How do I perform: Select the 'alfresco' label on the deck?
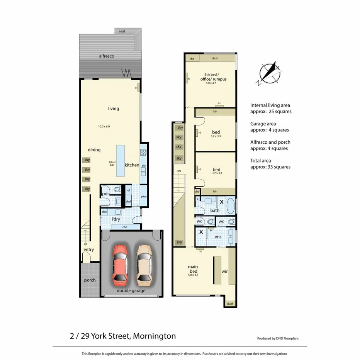point(107,56)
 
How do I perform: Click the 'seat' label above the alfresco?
point(122,31)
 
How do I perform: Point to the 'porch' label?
point(90,280)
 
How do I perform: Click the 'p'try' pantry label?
point(144,197)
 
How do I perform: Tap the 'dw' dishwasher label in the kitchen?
point(143,166)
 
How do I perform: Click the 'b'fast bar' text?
point(112,163)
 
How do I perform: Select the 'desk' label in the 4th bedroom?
point(215,58)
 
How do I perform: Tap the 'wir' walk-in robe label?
point(224,272)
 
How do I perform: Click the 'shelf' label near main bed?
point(230,304)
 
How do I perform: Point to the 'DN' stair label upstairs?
point(178,171)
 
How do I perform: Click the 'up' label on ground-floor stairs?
point(85,244)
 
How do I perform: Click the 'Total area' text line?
point(261,161)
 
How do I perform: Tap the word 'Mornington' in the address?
point(154,336)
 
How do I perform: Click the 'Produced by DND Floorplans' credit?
point(277,338)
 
